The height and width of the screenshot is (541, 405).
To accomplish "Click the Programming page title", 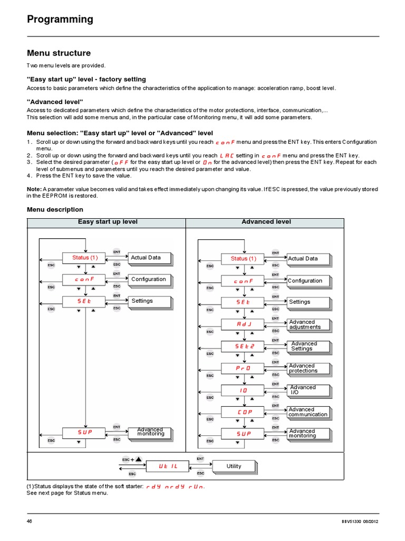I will pyautogui.click(x=60, y=20).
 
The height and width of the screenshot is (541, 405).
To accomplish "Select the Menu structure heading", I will pyautogui.click(x=59, y=53).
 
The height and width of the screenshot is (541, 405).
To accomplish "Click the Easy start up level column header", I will pyautogui.click(x=108, y=222).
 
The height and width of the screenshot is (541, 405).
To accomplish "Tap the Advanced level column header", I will pyautogui.click(x=266, y=222).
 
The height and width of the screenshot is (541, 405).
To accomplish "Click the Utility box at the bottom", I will pyautogui.click(x=234, y=466).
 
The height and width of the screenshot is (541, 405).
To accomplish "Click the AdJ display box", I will pyautogui.click(x=244, y=324).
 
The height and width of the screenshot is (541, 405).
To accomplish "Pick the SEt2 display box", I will pyautogui.click(x=244, y=346).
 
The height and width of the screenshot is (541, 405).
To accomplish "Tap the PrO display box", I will pyautogui.click(x=244, y=368).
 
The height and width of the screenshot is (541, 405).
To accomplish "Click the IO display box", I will pyautogui.click(x=244, y=390).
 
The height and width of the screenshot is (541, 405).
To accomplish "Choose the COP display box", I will pyautogui.click(x=244, y=412).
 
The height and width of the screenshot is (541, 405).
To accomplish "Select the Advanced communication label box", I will pyautogui.click(x=308, y=412).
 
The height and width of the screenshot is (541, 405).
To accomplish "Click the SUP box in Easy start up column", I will pyautogui.click(x=85, y=432).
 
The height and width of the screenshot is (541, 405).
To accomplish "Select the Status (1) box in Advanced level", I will pyautogui.click(x=244, y=258).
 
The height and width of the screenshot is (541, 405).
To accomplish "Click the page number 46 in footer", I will pyautogui.click(x=30, y=521).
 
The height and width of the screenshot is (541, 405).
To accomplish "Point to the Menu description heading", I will pyautogui.click(x=55, y=210).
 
